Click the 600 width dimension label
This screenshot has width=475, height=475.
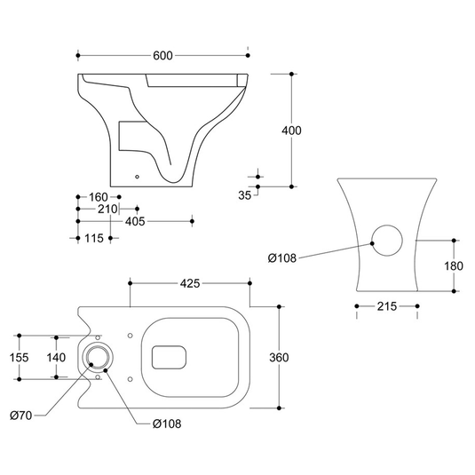162,56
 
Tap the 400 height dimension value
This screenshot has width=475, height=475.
291,131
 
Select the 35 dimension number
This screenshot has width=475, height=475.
244,195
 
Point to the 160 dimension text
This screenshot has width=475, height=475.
99,197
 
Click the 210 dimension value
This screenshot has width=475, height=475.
107,209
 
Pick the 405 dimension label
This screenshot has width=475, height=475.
135,221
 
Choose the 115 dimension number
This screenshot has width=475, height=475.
94,239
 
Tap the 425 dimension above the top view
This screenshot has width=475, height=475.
190,283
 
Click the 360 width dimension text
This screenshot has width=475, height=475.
279,358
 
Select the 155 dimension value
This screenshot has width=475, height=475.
19,358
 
